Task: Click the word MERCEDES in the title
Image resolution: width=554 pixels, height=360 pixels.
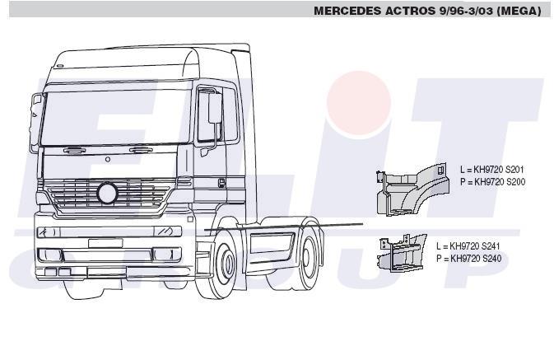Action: (x=347, y=11)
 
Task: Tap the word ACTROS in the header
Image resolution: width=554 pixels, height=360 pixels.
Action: (x=410, y=11)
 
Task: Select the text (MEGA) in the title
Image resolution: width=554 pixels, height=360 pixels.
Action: (x=519, y=11)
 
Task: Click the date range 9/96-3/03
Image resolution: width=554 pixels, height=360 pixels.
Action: (x=466, y=11)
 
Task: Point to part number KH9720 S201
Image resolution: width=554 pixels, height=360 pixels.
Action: (x=499, y=170)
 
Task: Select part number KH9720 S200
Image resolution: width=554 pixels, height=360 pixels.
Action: (x=500, y=182)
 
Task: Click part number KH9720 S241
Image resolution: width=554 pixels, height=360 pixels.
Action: (x=474, y=246)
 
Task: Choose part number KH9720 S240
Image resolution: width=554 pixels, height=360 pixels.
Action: (x=476, y=259)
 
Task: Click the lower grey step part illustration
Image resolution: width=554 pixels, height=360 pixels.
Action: (x=402, y=253)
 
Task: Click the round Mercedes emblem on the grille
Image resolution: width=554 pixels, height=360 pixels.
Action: (x=107, y=193)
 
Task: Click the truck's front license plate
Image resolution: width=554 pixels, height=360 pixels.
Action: (x=105, y=243)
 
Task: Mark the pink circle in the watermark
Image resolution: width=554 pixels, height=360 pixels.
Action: (x=359, y=102)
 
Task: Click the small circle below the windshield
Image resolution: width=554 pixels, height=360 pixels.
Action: (x=108, y=160)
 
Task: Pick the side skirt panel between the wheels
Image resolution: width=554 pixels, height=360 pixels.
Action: (x=271, y=243)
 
